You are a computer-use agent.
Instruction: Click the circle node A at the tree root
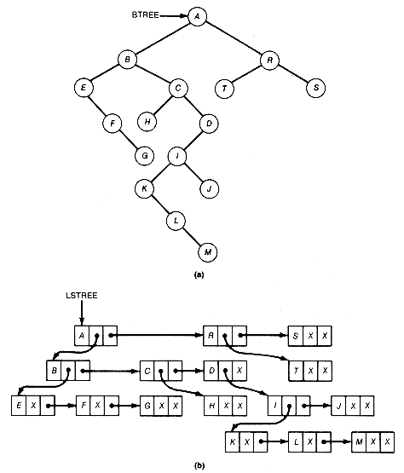point(198,16)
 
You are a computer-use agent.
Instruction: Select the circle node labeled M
point(208,252)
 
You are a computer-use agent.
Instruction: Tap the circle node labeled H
point(147,122)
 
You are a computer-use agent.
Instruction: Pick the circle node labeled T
point(224,89)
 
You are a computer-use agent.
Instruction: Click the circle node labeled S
point(316,88)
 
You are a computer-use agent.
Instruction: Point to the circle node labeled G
point(145,156)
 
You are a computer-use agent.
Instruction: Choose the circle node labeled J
point(209,189)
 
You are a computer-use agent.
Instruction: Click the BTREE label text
point(146,15)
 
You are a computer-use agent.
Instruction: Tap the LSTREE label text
point(82,296)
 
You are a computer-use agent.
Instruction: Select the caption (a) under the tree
point(199,274)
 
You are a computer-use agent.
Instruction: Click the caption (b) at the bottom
point(199,466)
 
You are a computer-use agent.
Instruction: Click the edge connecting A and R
point(234,38)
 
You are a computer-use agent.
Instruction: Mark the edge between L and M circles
point(192,237)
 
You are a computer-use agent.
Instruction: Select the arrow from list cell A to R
point(156,335)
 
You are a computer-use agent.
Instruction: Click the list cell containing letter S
point(296,336)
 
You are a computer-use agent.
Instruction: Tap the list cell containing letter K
point(233,442)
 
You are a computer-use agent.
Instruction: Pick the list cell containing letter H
point(211,406)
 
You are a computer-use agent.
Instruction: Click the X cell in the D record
point(240,371)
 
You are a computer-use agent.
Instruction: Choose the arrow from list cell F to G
point(126,406)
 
